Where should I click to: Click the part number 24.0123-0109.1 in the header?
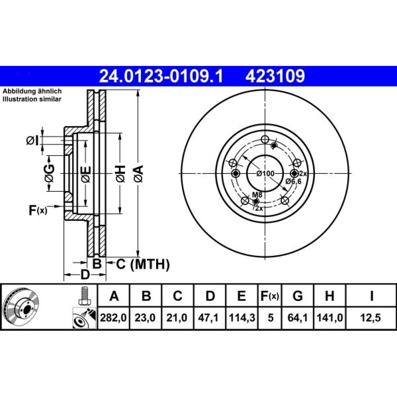coord(161,76)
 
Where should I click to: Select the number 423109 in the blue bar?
coord(275,76)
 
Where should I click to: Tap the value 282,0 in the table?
coord(113,318)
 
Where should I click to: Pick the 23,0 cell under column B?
coord(145,318)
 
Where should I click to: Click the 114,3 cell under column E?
coord(242,318)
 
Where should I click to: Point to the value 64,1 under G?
coord(298,318)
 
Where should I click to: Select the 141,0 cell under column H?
coord(330,318)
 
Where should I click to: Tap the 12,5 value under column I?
coord(371,318)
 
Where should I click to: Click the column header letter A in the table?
coord(114,296)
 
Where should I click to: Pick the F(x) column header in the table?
coord(270,296)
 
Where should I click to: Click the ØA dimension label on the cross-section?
coord(139,173)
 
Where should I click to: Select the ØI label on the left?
coord(33,141)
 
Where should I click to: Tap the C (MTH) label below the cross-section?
coord(143,264)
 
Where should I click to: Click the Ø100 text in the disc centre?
coord(265,173)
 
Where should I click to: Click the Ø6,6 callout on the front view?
coord(293,181)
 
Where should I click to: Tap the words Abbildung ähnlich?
coord(32,91)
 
